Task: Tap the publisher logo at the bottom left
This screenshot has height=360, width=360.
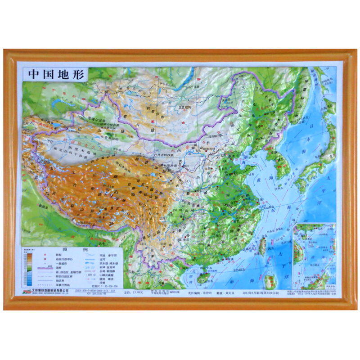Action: coord(26,292)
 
